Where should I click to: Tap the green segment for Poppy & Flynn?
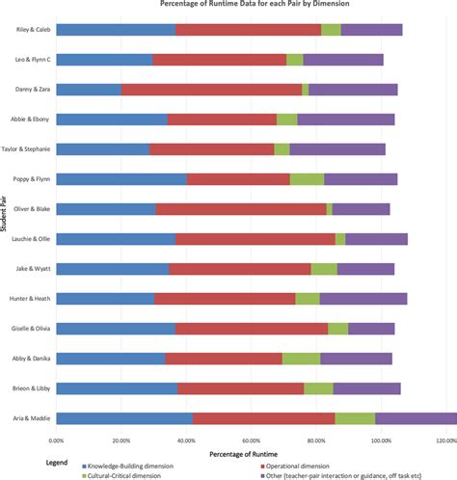(x=307, y=179)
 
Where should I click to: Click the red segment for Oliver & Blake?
(x=241, y=209)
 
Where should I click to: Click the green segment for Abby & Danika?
(x=301, y=359)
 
